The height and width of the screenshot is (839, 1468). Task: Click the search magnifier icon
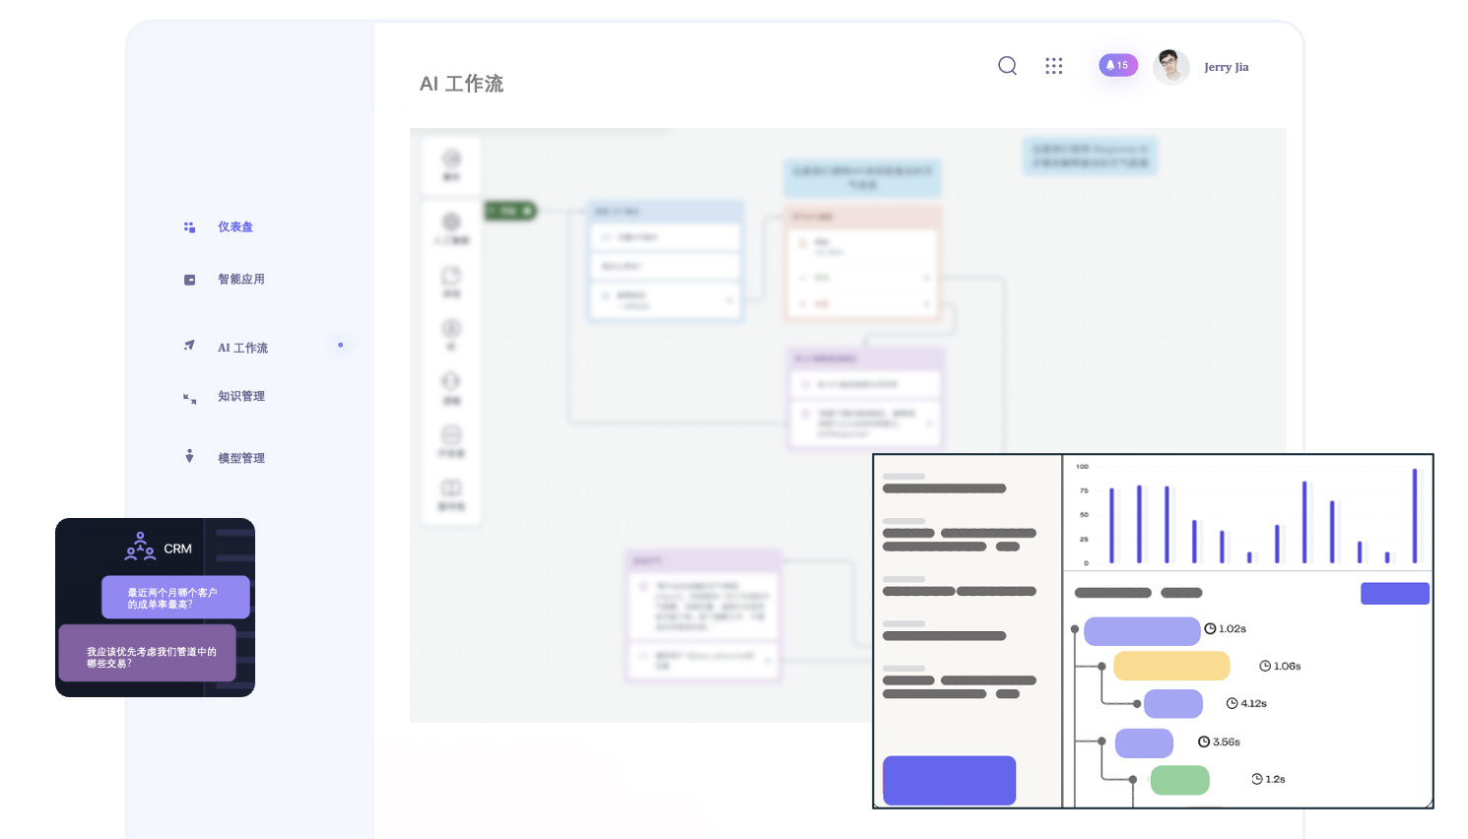[x=1007, y=66]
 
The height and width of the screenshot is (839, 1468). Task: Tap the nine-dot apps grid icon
[x=1054, y=66]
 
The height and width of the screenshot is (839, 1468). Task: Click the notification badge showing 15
[x=1118, y=65]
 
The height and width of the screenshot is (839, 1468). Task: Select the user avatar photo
[x=1170, y=66]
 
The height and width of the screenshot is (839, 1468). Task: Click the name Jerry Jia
[x=1226, y=67]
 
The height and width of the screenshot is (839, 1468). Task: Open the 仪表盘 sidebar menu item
[x=235, y=227]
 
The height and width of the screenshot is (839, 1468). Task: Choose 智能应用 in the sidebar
[x=241, y=280]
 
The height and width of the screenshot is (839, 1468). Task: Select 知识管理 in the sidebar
[x=241, y=397]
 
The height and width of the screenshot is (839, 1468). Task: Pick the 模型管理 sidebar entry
[x=241, y=459]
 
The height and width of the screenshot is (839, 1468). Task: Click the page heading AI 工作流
[x=461, y=85]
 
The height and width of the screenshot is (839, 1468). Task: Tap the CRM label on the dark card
[x=177, y=549]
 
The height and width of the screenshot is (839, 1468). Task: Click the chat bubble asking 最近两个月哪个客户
[x=175, y=598]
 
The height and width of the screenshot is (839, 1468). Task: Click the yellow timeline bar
[x=1171, y=667]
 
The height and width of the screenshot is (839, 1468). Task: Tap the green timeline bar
[x=1179, y=780]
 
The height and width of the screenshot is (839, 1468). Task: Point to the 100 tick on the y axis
[x=1083, y=467]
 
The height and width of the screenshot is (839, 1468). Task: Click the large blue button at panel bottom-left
[x=949, y=780]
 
